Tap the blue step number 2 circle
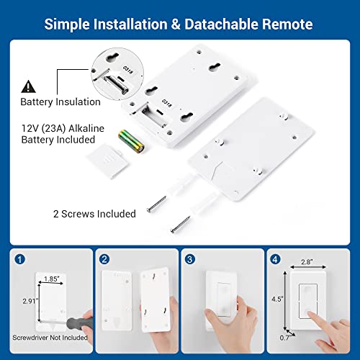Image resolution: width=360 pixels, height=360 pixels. pos(106,258)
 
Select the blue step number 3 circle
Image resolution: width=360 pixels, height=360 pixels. pos(189,258)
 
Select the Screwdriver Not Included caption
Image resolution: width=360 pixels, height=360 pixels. pos(50,337)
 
